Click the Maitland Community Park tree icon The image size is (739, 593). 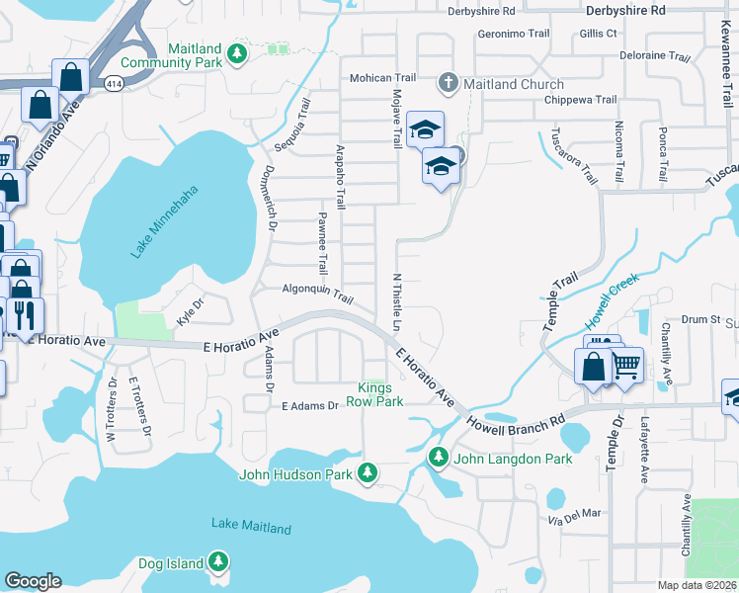coord(236,51)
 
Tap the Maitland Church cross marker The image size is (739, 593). coord(449,83)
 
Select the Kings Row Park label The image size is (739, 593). coord(380,394)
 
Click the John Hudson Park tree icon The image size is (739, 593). coord(368,474)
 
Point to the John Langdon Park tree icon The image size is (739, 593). coord(439,458)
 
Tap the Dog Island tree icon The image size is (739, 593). coord(218,563)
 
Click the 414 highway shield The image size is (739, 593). coord(115,85)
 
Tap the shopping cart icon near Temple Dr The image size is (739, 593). coord(626,366)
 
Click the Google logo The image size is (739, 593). coord(33,581)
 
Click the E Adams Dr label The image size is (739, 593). coord(309,405)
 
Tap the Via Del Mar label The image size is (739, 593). coord(573,514)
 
